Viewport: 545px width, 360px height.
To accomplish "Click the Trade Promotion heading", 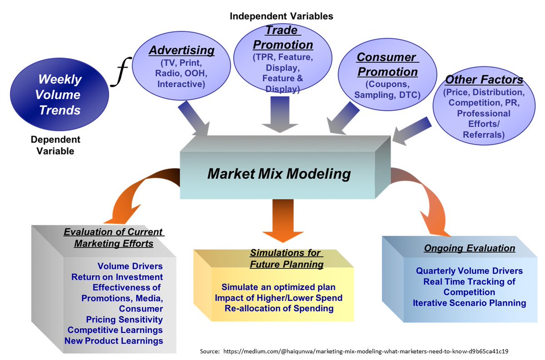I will point(282,38).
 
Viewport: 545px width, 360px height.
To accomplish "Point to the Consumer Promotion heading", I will point(386,64).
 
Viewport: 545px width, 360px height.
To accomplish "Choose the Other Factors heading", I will point(484,80).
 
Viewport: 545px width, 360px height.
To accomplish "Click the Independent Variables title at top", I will point(281,16).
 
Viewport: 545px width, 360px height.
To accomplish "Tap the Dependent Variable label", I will point(55,145).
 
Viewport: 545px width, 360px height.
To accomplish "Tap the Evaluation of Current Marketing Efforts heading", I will point(114,238).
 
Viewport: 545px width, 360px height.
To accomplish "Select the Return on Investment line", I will point(117,276).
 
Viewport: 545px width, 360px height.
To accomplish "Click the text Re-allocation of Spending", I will point(279,308).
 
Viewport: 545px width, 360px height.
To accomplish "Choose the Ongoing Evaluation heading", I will point(470,248).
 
